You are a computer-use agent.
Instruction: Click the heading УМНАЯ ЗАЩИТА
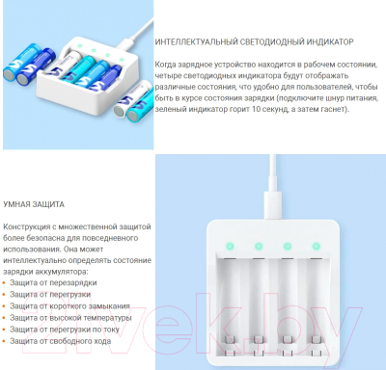(x=34, y=204)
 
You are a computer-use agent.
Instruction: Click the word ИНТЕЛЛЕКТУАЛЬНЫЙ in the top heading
(x=197, y=42)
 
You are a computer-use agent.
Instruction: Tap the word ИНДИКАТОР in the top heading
(x=330, y=42)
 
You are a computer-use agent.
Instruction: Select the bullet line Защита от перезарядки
(x=53, y=283)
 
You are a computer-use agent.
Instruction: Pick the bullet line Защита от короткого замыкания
(x=69, y=306)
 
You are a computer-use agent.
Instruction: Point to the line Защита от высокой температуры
(x=70, y=318)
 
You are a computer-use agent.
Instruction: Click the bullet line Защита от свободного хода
(x=61, y=341)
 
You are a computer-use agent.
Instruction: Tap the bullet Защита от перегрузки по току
(x=65, y=330)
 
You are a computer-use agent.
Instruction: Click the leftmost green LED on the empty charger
(x=230, y=247)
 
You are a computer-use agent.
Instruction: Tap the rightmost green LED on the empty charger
(x=317, y=247)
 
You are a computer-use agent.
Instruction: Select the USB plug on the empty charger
(x=273, y=205)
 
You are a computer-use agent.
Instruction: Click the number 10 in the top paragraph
(x=257, y=109)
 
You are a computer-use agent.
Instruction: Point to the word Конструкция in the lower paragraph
(x=26, y=227)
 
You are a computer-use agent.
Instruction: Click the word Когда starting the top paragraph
(x=165, y=65)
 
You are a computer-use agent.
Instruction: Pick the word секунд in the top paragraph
(x=275, y=109)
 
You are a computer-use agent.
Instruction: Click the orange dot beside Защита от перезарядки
(x=4, y=283)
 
